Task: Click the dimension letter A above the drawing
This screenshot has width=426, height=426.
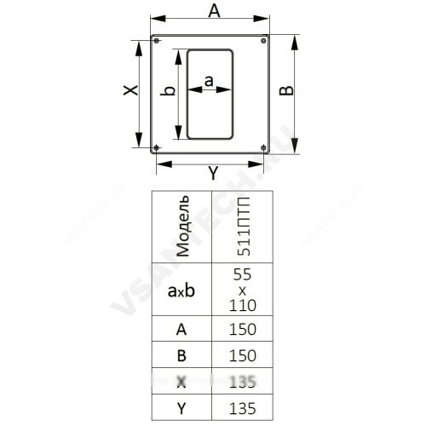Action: pyautogui.click(x=214, y=11)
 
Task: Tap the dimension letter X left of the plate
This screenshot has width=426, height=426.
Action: pyautogui.click(x=130, y=90)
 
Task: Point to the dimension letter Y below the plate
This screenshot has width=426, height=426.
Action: pyautogui.click(x=213, y=173)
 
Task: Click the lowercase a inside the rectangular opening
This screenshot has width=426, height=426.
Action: pyautogui.click(x=209, y=81)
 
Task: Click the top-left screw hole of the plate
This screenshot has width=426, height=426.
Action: pyautogui.click(x=156, y=41)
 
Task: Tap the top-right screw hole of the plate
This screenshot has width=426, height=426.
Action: pyautogui.click(x=263, y=41)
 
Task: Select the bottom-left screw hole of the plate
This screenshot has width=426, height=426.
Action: pyautogui.click(x=156, y=147)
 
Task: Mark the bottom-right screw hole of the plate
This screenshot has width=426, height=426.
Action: pyautogui.click(x=263, y=147)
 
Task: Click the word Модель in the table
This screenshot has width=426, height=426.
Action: pyautogui.click(x=182, y=227)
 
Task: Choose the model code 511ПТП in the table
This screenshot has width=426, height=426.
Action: pyautogui.click(x=244, y=227)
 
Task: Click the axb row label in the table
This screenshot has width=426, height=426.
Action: pyautogui.click(x=181, y=291)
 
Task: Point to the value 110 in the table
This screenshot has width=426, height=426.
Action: pyautogui.click(x=243, y=306)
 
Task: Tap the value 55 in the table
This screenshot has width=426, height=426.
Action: pyautogui.click(x=242, y=274)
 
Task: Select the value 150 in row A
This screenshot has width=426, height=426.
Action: pyautogui.click(x=243, y=329)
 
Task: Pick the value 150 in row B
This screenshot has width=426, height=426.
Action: pyautogui.click(x=243, y=355)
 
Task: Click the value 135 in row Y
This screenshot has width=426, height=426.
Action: pyautogui.click(x=243, y=408)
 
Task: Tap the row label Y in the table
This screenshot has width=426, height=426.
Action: pyautogui.click(x=181, y=409)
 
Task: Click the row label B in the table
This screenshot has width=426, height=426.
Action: pyautogui.click(x=181, y=355)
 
